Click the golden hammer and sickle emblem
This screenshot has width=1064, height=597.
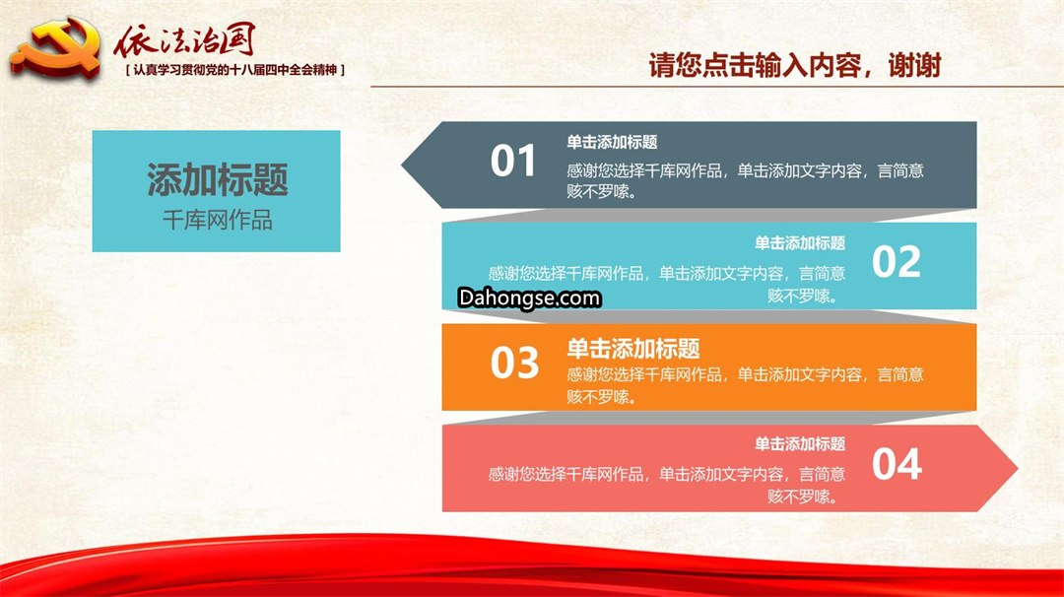[55, 49]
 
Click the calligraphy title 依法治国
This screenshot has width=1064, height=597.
[184, 40]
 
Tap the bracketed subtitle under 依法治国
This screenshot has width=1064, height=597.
[235, 70]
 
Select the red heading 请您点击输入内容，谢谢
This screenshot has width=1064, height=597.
[795, 66]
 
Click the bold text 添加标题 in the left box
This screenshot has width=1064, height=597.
[217, 179]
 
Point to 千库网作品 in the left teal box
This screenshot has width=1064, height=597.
[217, 220]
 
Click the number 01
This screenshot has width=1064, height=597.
[513, 162]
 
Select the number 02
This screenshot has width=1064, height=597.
[897, 262]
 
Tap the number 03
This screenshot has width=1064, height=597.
[514, 363]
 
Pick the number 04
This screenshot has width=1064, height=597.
[898, 465]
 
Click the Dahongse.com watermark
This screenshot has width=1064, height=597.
[529, 298]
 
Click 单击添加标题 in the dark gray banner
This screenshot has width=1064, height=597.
[612, 143]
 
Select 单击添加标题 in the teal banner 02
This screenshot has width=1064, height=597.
[800, 243]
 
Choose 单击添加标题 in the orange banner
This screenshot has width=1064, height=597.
[633, 349]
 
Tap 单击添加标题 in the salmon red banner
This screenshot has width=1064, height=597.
[800, 443]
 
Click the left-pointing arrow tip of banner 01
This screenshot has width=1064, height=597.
[402, 165]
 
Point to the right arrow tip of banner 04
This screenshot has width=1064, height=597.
[1018, 468]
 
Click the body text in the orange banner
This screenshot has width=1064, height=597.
[745, 385]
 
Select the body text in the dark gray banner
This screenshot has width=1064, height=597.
[745, 181]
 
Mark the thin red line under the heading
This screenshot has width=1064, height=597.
[717, 87]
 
